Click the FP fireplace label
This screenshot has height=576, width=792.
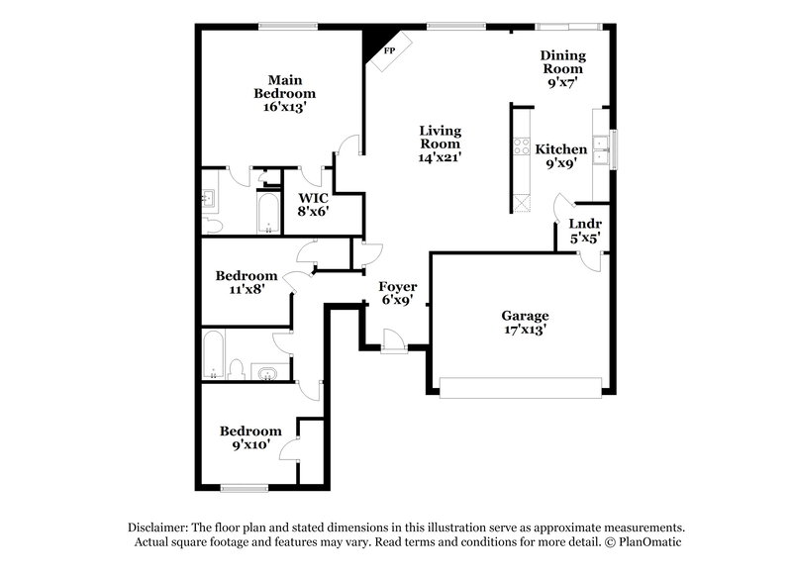click(389, 49)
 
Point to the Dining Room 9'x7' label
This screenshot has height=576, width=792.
click(562, 69)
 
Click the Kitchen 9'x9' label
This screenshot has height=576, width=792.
click(561, 156)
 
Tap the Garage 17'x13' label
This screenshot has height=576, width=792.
click(524, 323)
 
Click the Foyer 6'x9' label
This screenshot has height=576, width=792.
click(398, 294)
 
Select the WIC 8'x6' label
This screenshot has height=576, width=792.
click(314, 203)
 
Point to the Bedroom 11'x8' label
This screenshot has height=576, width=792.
click(247, 282)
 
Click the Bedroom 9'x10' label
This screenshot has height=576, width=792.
click(250, 437)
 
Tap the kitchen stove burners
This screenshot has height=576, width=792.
click(518, 148)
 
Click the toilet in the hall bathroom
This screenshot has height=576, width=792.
click(237, 370)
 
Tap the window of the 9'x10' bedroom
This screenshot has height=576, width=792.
click(245, 486)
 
